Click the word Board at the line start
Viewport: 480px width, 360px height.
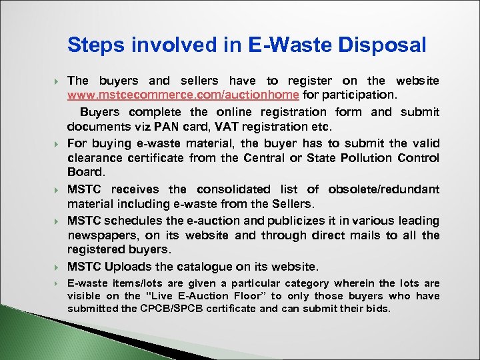coord(83,172)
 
